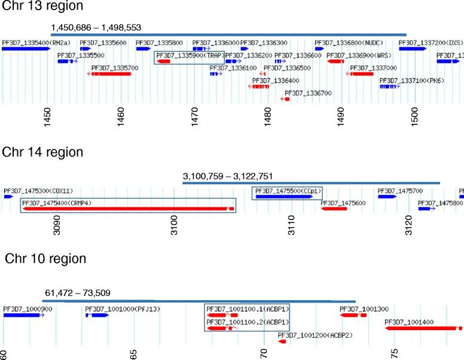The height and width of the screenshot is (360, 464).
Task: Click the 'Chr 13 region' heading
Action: pyautogui.click(x=42, y=7)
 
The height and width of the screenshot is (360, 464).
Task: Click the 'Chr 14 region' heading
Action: pyautogui.click(x=42, y=152)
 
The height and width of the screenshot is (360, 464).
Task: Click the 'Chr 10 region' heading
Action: pyautogui.click(x=45, y=259)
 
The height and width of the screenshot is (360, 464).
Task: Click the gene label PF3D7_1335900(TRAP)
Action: pyautogui.click(x=190, y=55)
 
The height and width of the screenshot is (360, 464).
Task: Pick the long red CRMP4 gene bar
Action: pyautogui.click(x=126, y=209)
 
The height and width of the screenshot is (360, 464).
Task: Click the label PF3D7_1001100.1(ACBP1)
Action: pyautogui.click(x=248, y=309)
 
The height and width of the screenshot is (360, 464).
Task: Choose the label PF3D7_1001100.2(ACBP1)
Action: pyautogui.click(x=248, y=322)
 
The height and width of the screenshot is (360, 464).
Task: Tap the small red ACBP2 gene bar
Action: pyautogui.click(x=282, y=341)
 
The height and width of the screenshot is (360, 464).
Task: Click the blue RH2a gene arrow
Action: pyautogui.click(x=25, y=49)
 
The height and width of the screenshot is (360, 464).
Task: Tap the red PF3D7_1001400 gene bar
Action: pyautogui.click(x=422, y=328)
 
